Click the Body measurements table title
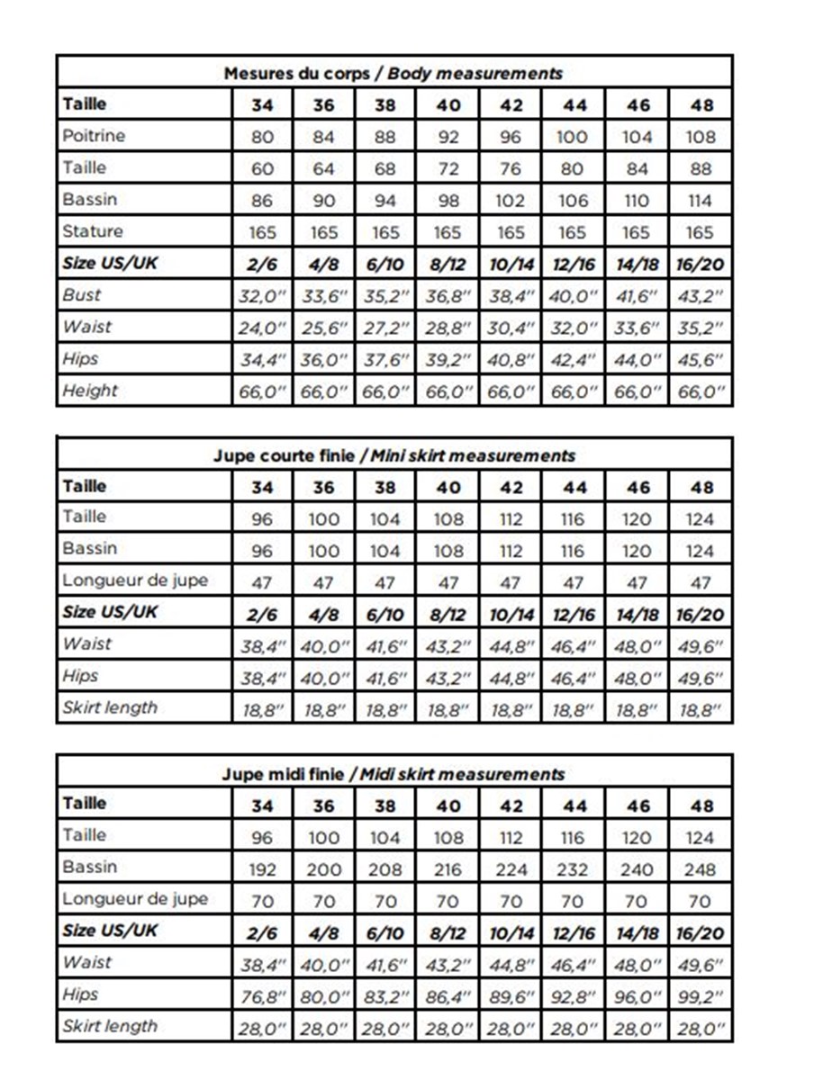point(393,74)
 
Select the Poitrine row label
point(94,136)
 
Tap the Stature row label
point(93,231)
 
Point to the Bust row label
point(82,294)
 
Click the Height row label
point(90,391)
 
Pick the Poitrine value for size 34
point(262,138)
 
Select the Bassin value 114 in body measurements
point(700,201)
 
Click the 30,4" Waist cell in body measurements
point(511,328)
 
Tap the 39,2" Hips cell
point(448,360)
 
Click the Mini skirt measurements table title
point(393,455)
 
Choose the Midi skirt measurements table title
point(393,774)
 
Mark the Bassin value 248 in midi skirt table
point(700,869)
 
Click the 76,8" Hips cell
point(262,996)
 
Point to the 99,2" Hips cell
point(700,996)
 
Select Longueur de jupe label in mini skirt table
point(135,580)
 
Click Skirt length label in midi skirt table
point(110,1026)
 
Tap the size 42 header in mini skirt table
point(511,488)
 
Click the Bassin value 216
point(448,869)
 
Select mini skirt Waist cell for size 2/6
point(262,646)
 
